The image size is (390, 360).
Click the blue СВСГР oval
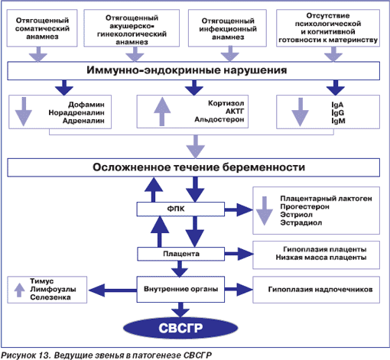[x=180, y=328]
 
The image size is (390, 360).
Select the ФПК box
[x=180, y=209]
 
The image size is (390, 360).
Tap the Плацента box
[x=180, y=254]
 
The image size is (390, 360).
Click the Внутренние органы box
[x=180, y=289]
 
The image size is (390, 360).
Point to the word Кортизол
[x=226, y=103]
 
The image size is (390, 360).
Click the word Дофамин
[x=86, y=105]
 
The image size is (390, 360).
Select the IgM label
[x=338, y=121]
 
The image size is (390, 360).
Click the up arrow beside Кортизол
[x=162, y=112]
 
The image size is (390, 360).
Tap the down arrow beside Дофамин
[x=24, y=112]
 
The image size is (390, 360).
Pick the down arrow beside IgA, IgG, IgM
[x=301, y=112]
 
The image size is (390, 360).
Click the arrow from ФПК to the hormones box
[x=239, y=210]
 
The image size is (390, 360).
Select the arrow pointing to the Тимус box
[x=112, y=290]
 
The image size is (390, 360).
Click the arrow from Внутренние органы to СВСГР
[x=180, y=310]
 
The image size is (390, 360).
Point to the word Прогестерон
[x=304, y=206]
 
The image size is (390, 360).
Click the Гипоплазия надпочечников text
[x=320, y=290]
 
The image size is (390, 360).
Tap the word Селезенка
[x=50, y=297]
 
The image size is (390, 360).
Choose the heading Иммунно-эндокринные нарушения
[x=187, y=70]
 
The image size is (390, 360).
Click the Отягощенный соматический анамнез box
[x=42, y=28]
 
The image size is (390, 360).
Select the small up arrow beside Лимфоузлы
[x=19, y=290]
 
